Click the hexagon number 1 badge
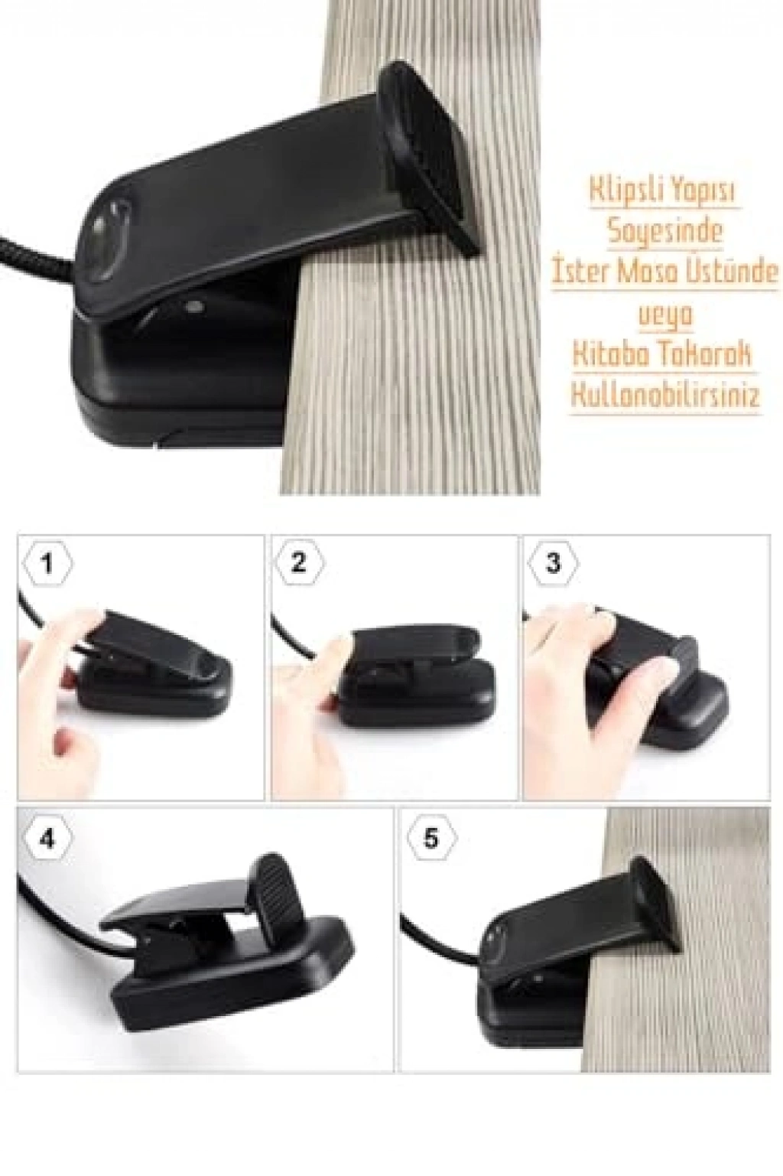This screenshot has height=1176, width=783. (47, 564)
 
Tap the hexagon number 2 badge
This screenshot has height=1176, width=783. (299, 564)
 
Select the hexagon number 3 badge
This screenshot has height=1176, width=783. (553, 564)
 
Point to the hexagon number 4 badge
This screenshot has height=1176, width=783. (47, 839)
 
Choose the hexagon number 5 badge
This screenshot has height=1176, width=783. (430, 839)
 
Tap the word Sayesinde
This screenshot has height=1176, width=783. (665, 231)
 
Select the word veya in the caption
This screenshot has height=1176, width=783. (665, 315)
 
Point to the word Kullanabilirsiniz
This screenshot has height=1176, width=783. (665, 396)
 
